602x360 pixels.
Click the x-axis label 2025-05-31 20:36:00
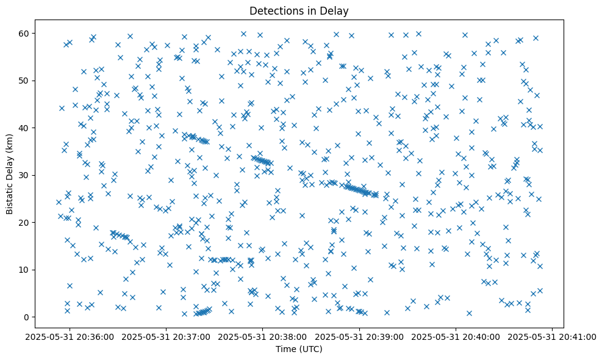coord(70,336)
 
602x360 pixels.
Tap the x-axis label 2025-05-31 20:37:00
coord(167,336)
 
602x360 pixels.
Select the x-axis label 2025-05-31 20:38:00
coord(263,336)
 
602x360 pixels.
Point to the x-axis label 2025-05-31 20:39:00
coord(359,336)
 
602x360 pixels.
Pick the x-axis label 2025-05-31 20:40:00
coord(456,336)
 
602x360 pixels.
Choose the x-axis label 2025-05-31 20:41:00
coord(553,336)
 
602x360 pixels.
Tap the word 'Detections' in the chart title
coord(282,10)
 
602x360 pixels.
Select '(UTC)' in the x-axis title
coord(312,350)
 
